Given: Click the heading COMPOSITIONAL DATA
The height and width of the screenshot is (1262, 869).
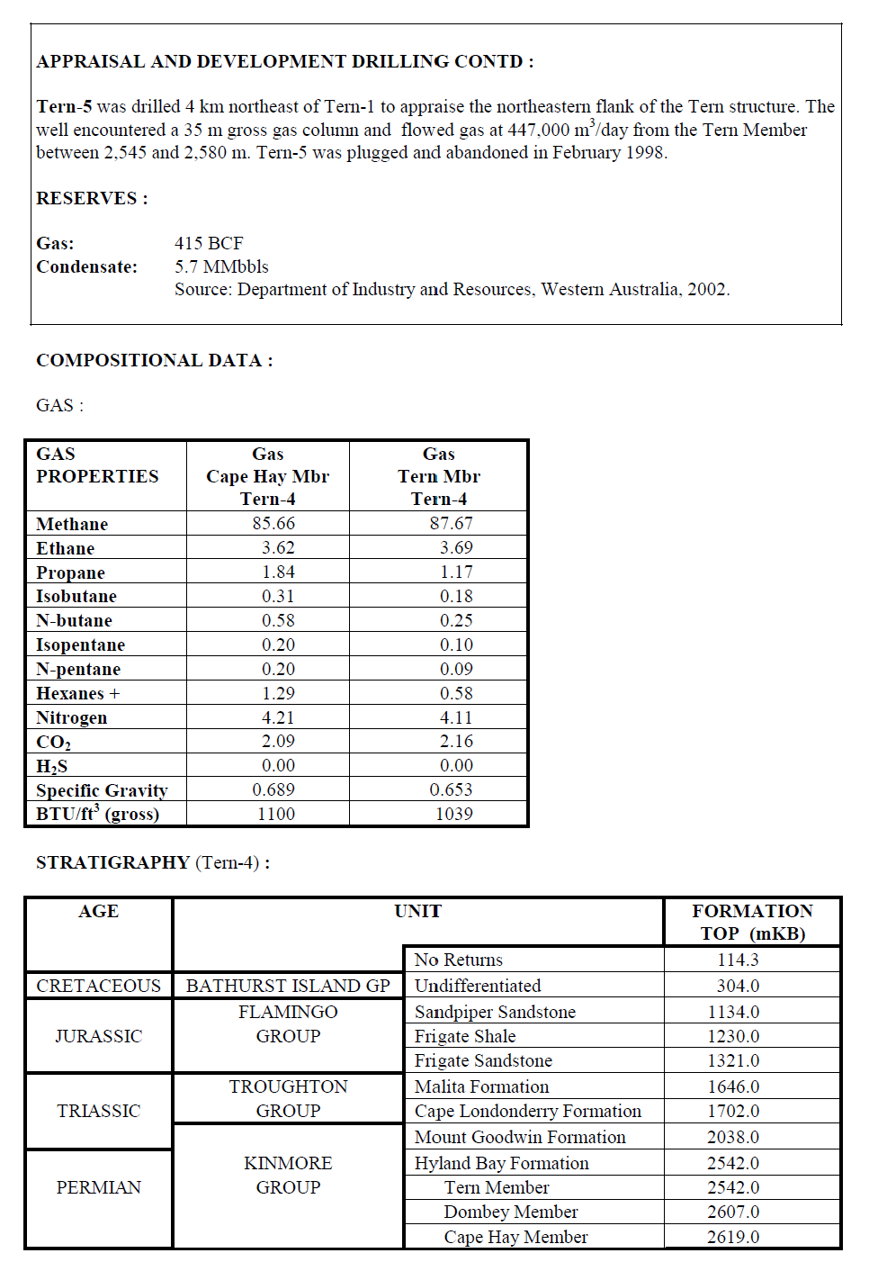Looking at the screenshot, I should [x=154, y=360].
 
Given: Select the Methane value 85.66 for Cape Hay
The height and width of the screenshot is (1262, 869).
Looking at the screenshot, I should [x=273, y=523].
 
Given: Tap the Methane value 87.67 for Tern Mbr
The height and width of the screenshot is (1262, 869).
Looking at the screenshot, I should [x=451, y=523].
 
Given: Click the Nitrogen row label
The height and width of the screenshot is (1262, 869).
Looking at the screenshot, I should [x=72, y=717].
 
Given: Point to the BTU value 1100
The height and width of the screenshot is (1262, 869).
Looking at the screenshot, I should [x=276, y=814].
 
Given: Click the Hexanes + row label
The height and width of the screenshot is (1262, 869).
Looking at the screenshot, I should [x=77, y=693].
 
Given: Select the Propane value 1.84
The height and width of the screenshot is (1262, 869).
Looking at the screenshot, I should [x=278, y=572].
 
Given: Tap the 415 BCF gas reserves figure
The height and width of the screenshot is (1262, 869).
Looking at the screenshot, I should [x=209, y=243].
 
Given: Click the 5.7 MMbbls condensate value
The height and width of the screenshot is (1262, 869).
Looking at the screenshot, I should [x=221, y=266].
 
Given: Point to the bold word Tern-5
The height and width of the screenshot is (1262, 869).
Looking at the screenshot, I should [x=64, y=106].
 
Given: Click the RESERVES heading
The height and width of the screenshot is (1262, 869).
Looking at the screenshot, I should [x=92, y=198].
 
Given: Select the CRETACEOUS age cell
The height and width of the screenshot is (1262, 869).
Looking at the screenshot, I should [x=99, y=986].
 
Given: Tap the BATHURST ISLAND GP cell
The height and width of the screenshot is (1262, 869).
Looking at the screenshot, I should [x=288, y=986].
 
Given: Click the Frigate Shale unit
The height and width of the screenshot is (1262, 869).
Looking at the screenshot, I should [x=465, y=1036].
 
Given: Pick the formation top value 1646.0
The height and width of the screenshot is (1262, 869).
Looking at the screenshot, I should [x=733, y=1086].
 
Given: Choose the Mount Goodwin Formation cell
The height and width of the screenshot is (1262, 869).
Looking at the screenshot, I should [x=520, y=1137].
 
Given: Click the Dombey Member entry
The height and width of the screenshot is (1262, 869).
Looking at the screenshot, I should [x=511, y=1212].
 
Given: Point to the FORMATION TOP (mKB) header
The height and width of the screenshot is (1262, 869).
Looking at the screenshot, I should [x=752, y=922].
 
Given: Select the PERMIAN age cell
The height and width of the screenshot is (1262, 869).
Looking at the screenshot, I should [x=99, y=1187].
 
